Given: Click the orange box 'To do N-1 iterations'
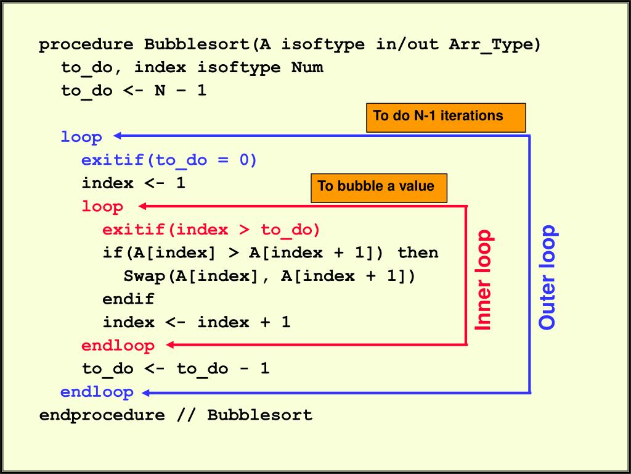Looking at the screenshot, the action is [x=446, y=117].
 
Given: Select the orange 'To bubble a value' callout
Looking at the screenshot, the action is [x=378, y=187].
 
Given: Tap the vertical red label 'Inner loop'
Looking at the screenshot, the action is [x=484, y=280].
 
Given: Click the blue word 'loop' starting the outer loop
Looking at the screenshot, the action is [x=81, y=136].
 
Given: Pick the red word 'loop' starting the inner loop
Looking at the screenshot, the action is [x=102, y=206].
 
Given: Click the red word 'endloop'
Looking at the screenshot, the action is [x=118, y=345].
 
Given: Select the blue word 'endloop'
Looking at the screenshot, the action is [x=97, y=392].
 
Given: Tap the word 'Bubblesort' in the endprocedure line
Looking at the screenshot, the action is [x=259, y=415].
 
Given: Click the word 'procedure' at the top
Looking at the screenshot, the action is [x=86, y=44].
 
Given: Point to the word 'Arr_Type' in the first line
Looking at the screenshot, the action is [x=495, y=44].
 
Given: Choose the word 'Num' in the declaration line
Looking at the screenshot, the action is [x=307, y=67].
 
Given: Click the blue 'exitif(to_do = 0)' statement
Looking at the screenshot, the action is [x=169, y=160].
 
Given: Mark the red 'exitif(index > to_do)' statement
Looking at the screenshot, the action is [x=211, y=230].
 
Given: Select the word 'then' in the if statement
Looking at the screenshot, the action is [x=418, y=252].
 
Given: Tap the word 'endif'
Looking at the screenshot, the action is [x=128, y=299].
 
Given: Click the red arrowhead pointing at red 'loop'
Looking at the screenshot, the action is [x=144, y=206].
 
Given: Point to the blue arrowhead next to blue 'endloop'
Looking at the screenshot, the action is [x=146, y=392].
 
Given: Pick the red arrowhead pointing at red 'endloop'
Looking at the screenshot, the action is [x=171, y=345].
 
